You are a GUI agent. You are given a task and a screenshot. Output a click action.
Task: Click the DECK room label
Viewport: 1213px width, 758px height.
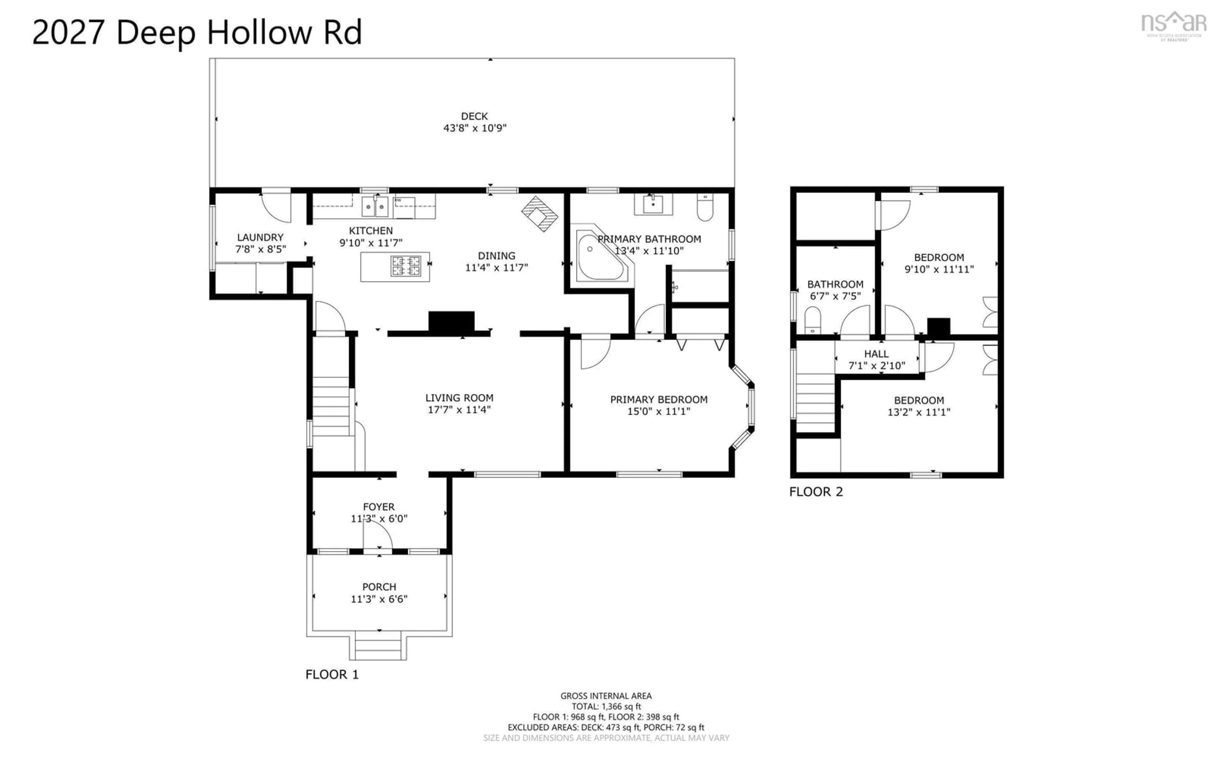point(474,116)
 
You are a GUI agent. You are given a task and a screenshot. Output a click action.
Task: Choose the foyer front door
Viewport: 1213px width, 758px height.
point(377,535)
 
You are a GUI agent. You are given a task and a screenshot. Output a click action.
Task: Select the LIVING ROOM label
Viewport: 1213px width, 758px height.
point(459,398)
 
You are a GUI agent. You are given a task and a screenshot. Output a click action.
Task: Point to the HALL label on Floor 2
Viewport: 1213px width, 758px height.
point(876,354)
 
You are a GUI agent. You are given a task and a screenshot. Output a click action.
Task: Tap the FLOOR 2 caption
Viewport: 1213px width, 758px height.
point(816,492)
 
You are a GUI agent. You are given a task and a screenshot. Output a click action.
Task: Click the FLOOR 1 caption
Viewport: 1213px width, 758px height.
point(332,674)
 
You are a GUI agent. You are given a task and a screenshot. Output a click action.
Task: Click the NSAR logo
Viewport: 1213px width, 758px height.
point(1174,27)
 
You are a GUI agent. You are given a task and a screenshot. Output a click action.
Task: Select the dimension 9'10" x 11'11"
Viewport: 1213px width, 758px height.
point(939,269)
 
